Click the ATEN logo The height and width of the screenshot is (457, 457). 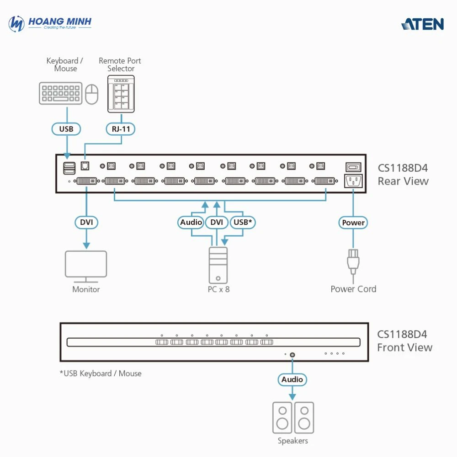coord(423,24)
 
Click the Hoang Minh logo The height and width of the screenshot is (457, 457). coord(50,23)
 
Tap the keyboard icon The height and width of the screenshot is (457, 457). coord(60,93)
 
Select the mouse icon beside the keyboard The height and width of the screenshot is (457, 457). coord(92,94)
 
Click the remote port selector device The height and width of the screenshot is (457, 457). coord(121,94)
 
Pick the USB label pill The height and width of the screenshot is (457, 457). coord(66,129)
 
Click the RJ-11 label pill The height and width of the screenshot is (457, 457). coord(121,129)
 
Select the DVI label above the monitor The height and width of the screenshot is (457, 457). coord(86,223)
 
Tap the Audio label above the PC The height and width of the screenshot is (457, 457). coord(191,223)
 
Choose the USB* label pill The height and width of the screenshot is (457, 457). coord(242,223)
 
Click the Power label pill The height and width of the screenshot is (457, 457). coord(353,223)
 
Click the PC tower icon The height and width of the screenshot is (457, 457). coord(218,265)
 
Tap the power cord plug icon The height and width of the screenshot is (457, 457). coord(353,260)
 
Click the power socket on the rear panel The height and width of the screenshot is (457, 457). coord(353,181)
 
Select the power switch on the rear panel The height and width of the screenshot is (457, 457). coord(353,167)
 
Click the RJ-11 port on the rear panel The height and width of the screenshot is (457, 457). coord(85,166)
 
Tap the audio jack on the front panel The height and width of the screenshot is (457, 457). coord(292,354)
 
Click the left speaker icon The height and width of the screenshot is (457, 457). coord(282,418)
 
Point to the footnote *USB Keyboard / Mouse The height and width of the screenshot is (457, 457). coord(101,373)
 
